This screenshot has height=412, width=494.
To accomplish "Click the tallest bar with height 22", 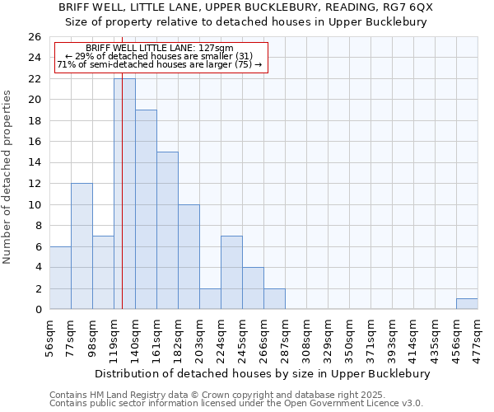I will click(x=124, y=194).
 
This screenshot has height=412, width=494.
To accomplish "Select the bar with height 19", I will click(x=146, y=209).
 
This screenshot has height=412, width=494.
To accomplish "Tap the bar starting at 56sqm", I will click(x=60, y=278).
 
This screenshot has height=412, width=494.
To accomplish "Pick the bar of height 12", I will click(x=82, y=246).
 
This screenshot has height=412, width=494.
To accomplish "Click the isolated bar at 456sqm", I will click(x=467, y=304).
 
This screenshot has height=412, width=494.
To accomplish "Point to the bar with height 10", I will click(x=189, y=257).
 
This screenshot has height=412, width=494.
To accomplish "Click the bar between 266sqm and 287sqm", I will click(x=274, y=299).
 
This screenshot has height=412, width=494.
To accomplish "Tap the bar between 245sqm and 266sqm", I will click(x=253, y=288).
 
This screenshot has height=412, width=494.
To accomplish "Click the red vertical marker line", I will click(x=122, y=206).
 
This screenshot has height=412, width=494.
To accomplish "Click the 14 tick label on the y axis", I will click(x=34, y=163).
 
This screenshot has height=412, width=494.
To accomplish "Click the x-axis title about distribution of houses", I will click(x=263, y=373).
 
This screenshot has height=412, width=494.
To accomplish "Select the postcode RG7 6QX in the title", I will click(x=407, y=7).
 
